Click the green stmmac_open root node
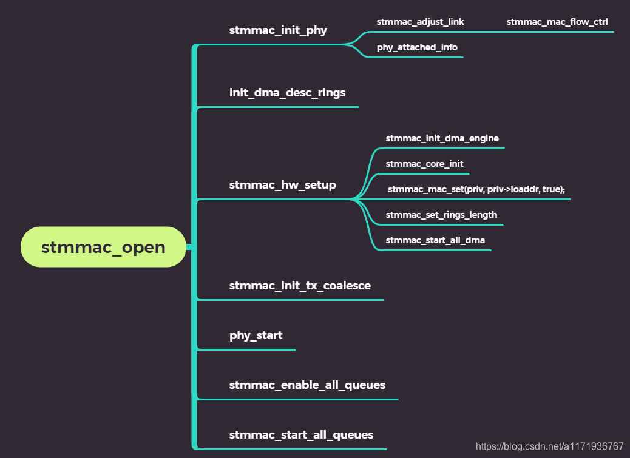[103, 247]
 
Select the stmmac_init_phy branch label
[278, 30]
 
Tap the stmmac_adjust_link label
[420, 22]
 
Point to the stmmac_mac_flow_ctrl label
[557, 22]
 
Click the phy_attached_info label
[417, 47]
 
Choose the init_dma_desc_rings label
[287, 93]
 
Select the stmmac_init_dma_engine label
[442, 138]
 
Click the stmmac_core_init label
[424, 164]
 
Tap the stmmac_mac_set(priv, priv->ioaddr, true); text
[476, 189]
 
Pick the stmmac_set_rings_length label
[441, 215]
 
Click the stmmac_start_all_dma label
[435, 240]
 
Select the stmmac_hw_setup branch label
[282, 185]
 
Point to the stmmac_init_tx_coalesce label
[300, 285]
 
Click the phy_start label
[256, 335]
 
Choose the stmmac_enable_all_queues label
[307, 385]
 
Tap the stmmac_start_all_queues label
[301, 435]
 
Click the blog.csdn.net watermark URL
[549, 446]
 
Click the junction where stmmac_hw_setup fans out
[353, 198]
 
